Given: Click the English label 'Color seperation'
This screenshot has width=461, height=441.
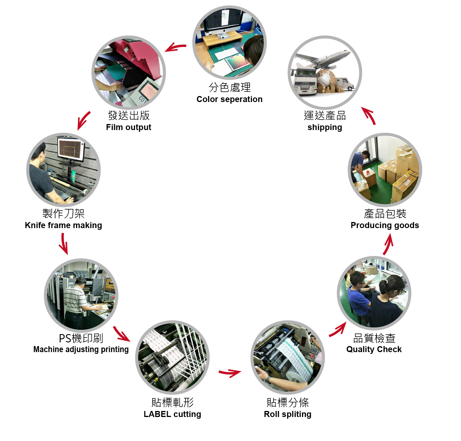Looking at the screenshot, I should (229, 99).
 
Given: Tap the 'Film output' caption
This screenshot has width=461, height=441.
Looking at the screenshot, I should (128, 127).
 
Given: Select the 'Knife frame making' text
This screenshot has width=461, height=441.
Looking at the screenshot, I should (63, 225).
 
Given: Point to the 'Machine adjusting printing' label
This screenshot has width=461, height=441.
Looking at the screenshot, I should (81, 349).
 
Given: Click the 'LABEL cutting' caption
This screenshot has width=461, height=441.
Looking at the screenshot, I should (172, 414).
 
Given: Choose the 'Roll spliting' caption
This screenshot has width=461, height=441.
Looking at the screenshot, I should (287, 414).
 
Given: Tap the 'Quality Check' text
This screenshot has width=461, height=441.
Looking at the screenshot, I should (374, 349).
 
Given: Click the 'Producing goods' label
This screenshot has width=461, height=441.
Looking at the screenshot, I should (385, 225).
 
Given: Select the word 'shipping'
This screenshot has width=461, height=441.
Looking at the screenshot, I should (325, 127).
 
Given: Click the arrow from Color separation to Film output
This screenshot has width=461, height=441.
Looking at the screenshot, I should (176, 47).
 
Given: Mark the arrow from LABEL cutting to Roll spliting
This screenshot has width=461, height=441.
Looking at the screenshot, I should (230, 373).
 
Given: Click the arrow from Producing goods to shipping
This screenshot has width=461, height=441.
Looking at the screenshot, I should (369, 115).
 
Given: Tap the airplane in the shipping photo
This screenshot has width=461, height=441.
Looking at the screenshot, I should (326, 59).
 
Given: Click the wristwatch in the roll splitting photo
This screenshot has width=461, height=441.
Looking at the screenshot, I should (268, 379).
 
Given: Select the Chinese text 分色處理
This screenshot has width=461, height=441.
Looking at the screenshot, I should (229, 87).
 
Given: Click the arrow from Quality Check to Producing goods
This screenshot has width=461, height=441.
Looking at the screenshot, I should (388, 244).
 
